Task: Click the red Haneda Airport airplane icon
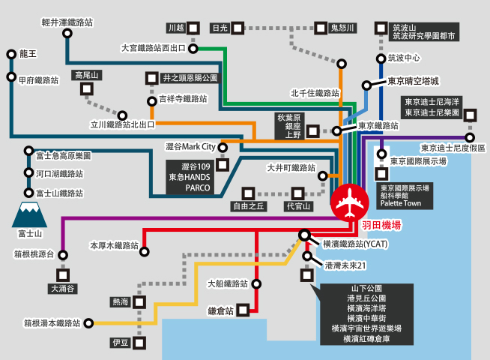(350, 202)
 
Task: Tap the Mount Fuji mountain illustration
(30, 214)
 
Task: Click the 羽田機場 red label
(381, 225)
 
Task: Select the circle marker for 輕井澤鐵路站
(67, 33)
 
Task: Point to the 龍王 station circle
(11, 55)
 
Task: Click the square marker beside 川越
(193, 28)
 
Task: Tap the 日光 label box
(220, 28)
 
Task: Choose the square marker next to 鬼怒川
(321, 28)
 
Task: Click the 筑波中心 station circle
(381, 58)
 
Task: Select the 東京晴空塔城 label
(413, 81)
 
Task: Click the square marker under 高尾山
(87, 89)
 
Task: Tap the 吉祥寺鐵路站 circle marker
(152, 101)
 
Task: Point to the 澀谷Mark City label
(190, 147)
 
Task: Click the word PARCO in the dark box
(198, 188)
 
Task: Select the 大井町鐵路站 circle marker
(322, 176)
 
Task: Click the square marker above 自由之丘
(248, 194)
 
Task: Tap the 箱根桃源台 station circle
(63, 255)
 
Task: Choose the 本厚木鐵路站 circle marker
(144, 251)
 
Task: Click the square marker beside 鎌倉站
(243, 310)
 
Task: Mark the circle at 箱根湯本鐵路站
(88, 323)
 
